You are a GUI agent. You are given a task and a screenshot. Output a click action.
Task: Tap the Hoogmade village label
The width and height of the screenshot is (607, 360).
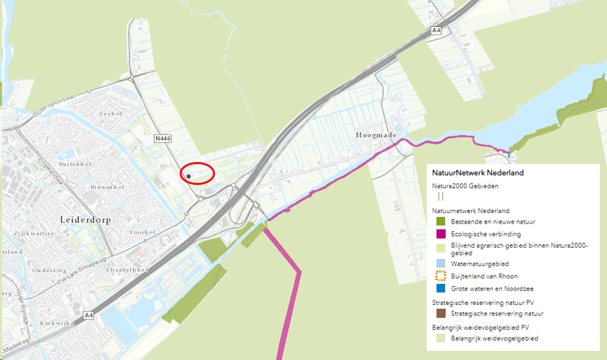point(376,135)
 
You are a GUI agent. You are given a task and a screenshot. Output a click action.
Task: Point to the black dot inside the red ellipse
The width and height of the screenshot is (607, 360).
point(188,176)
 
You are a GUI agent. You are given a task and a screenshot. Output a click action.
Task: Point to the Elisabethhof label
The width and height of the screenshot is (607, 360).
point(139,270)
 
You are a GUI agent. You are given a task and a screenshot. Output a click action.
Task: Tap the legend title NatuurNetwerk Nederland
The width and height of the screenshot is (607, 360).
point(477,172)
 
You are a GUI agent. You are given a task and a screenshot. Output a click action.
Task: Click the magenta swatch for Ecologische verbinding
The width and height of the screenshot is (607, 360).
point(441,233)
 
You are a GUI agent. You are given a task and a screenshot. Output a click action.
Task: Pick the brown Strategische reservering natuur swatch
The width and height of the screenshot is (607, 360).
point(441,314)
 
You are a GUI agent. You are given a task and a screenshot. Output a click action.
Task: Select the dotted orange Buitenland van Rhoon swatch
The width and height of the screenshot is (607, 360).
point(441,275)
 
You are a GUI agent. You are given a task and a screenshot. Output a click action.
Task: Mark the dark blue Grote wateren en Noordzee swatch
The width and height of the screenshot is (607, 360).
point(441,288)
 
